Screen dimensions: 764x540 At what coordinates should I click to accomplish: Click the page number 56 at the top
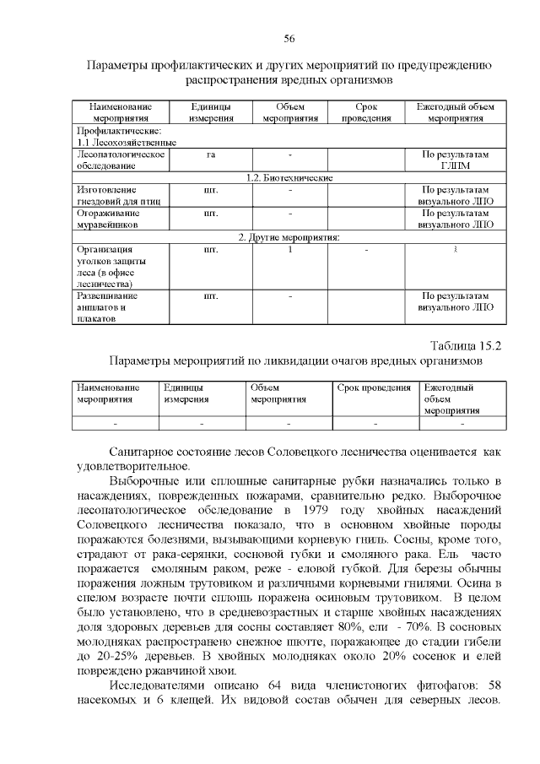coord(289,39)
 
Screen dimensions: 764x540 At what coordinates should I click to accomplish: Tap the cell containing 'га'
coord(208,154)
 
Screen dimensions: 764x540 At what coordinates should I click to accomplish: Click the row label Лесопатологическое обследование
coord(117,160)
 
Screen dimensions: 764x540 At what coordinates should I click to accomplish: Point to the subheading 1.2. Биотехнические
coord(289,178)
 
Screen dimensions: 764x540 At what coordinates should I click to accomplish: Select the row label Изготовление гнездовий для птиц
coord(117,196)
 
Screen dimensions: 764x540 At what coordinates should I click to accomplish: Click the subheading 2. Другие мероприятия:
coord(289,237)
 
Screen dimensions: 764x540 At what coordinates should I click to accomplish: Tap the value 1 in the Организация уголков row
coord(289,250)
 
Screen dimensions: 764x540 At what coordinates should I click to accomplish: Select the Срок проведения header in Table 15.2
coord(374,387)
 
